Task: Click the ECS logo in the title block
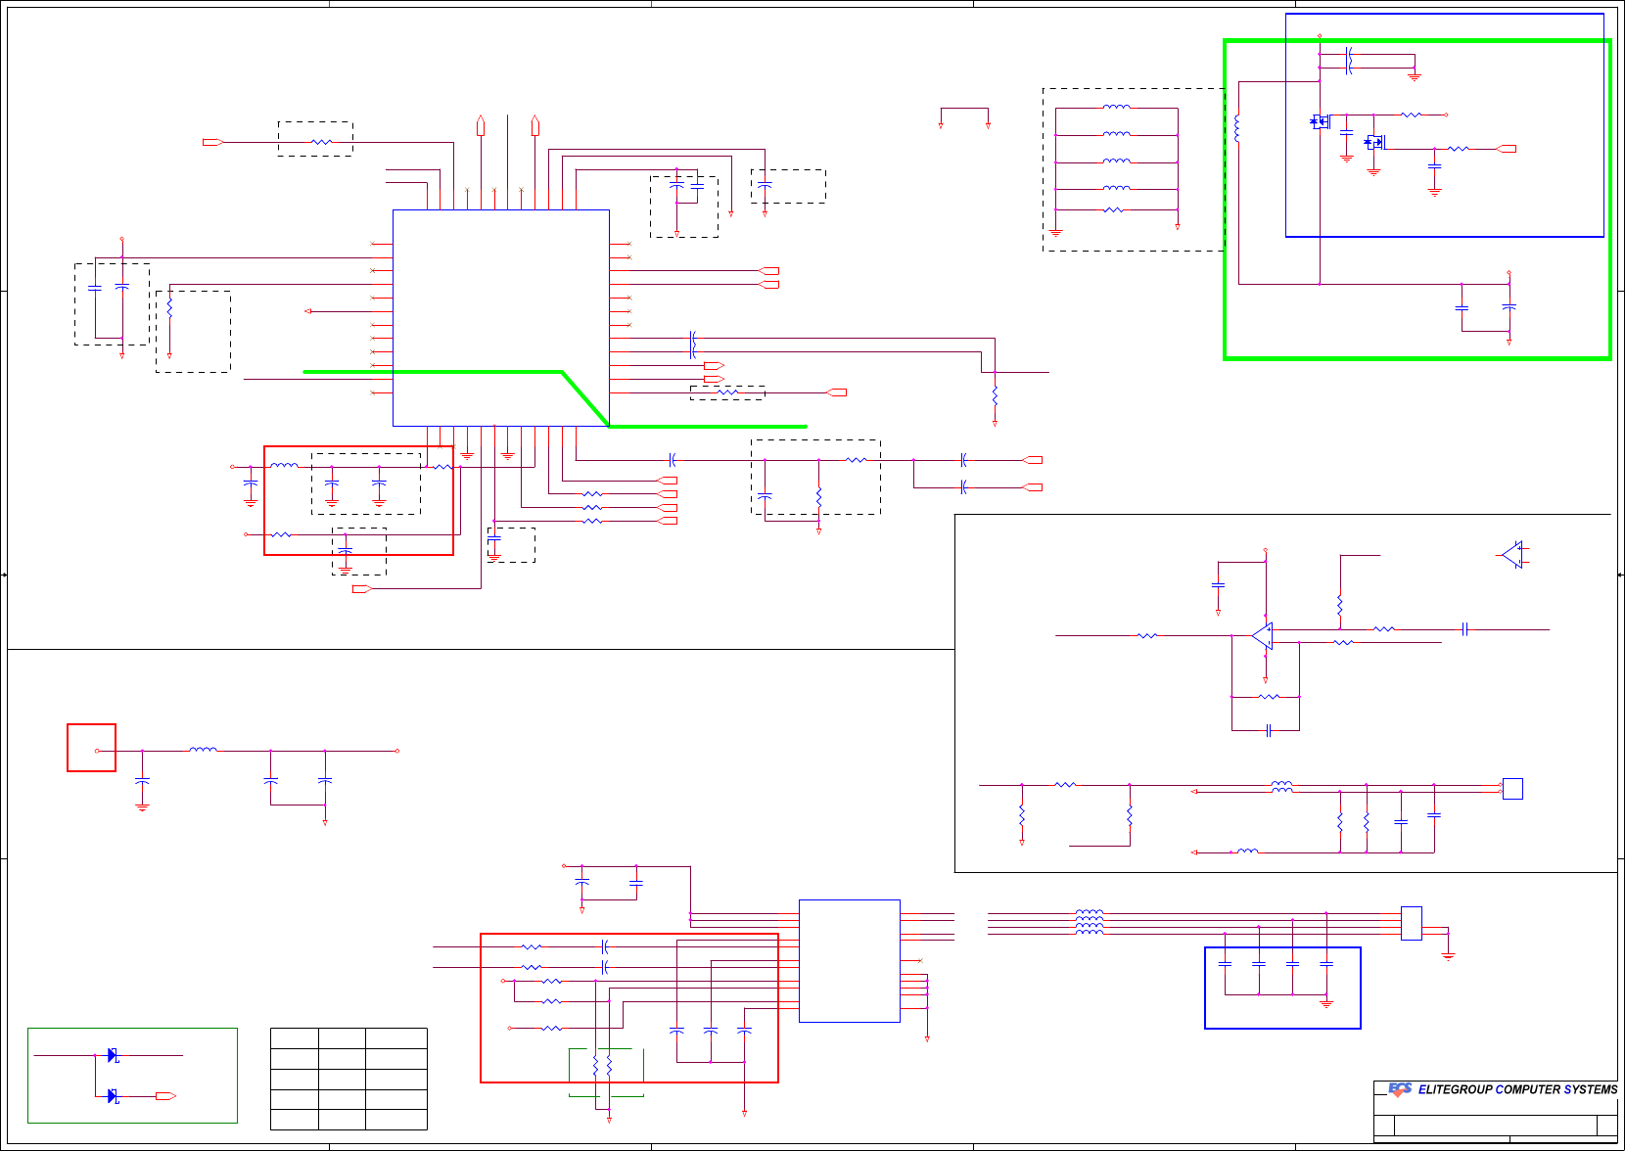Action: coord(1400,1089)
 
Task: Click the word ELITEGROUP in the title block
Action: coord(1456,1089)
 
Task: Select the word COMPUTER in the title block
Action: coord(1528,1089)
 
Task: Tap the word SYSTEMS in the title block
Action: coord(1591,1089)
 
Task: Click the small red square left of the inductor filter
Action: coord(91,748)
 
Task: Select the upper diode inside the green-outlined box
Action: coord(113,1055)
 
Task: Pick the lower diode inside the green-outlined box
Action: coord(113,1095)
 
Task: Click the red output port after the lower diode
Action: coord(165,1096)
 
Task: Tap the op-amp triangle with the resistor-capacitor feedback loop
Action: coord(1263,636)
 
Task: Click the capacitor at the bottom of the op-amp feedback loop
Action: coord(1268,730)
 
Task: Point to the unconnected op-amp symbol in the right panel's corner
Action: coord(1512,555)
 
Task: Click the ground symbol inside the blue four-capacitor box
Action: coord(1326,1003)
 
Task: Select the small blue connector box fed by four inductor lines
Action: coord(1411,923)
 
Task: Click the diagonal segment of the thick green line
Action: coord(584,398)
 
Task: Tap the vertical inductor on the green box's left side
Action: coord(1238,128)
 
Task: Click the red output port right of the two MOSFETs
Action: coord(1507,149)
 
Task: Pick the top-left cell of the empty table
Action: coord(294,1038)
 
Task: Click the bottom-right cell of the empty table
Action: coord(395,1120)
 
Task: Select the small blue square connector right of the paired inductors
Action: coord(1512,788)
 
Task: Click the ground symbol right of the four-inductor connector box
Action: coord(1448,954)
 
